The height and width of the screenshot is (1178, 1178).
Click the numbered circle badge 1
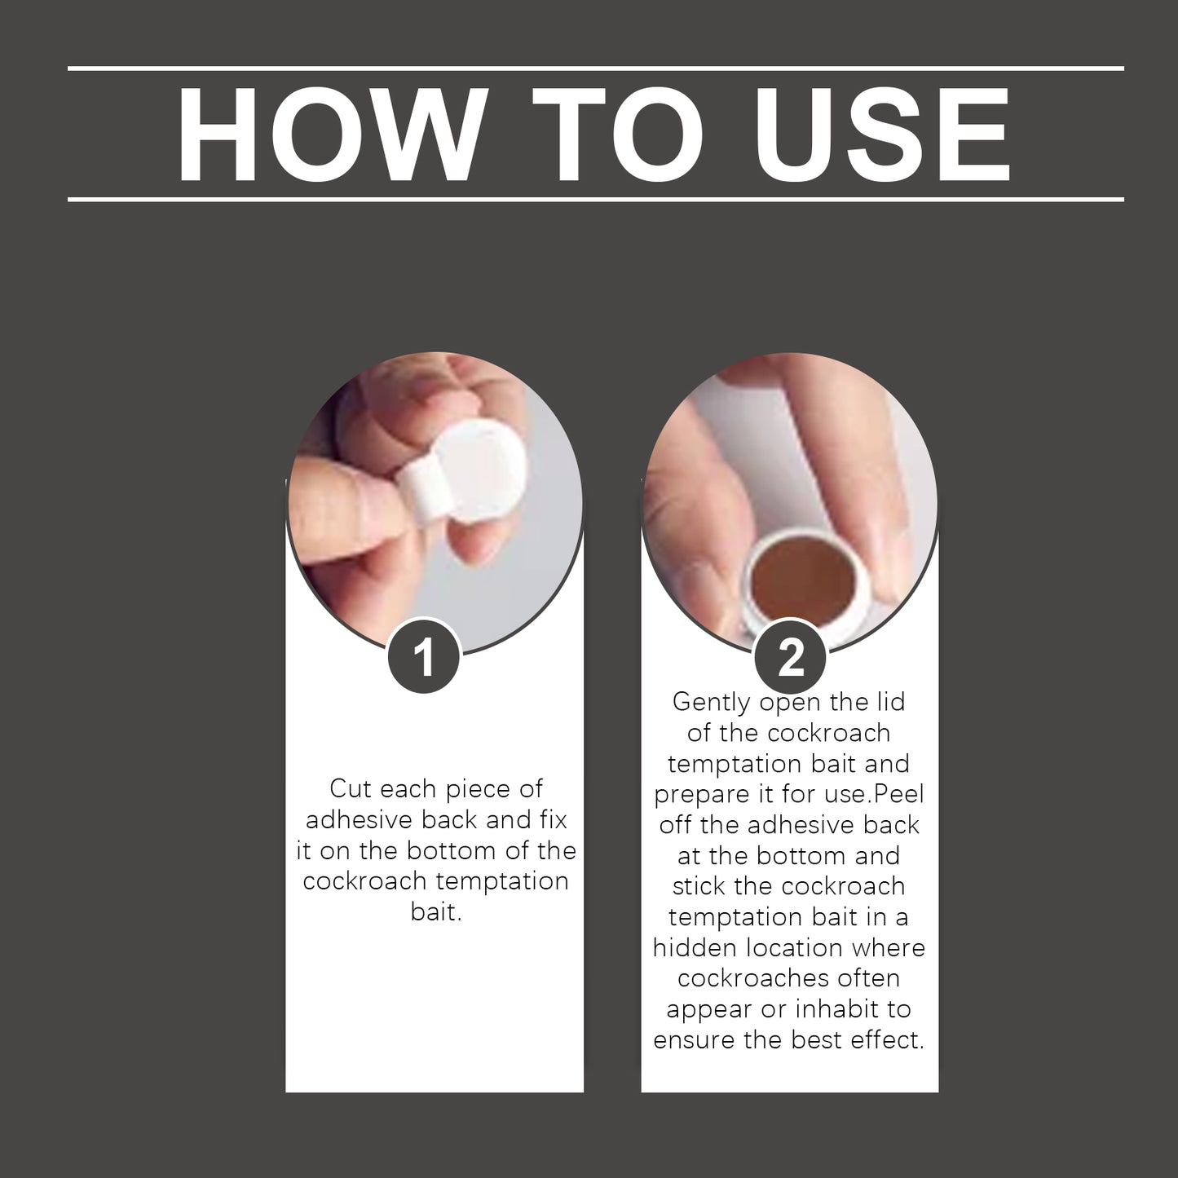coord(424,658)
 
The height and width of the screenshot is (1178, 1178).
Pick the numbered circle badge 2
coord(791,658)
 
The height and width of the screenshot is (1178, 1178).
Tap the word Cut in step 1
coord(351,788)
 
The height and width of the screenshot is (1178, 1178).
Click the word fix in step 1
coord(554,819)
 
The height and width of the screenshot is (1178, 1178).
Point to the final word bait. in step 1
coord(436,911)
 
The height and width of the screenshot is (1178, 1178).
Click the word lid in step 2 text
coord(892,702)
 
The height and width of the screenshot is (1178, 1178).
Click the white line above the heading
coord(596,68)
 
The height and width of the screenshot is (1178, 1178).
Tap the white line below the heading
coord(596,199)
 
